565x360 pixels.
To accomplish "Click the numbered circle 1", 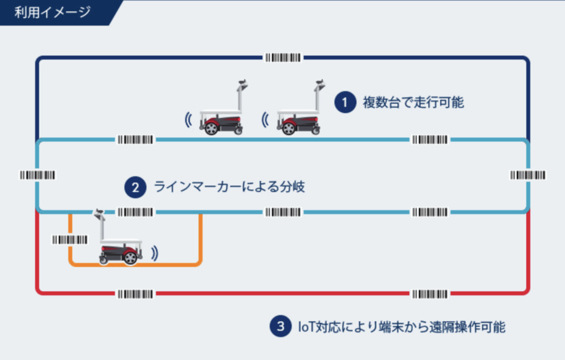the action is (345, 102).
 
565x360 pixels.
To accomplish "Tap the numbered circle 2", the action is (135, 187).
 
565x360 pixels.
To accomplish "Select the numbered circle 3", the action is (280, 326).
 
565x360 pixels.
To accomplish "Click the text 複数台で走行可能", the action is (413, 103).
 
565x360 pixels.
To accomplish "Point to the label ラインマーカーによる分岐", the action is (230, 187).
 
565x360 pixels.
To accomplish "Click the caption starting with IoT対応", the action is (402, 327).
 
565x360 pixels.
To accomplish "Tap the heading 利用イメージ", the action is (52, 12).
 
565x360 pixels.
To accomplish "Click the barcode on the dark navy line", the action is (283, 57).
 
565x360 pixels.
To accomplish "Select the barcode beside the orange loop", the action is (70, 240).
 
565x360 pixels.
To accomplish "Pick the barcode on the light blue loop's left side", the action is (38, 175).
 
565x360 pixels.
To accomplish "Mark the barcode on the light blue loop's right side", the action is (528, 175).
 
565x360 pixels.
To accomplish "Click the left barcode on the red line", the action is (136, 294).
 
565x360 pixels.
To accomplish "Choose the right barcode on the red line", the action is (430, 294).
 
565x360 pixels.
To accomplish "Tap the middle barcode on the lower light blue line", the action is (283, 212).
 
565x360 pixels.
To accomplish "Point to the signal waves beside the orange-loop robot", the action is (155, 254).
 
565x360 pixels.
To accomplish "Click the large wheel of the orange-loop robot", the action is (130, 257).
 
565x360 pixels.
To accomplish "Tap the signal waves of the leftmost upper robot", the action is (188, 120).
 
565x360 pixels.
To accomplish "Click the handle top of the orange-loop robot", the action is (99, 213).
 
